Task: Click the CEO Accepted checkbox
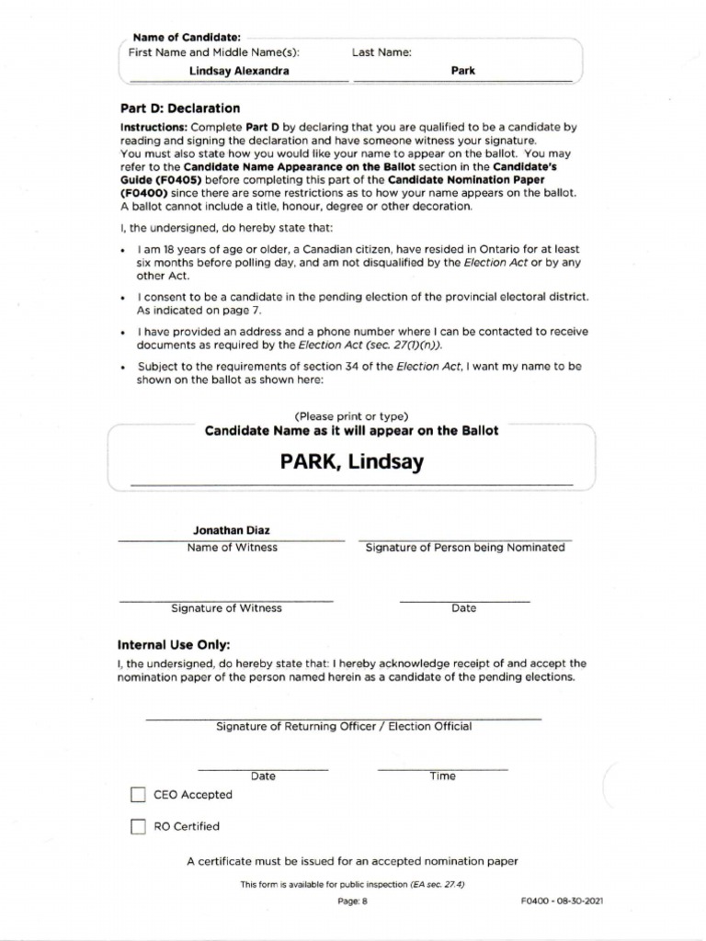(x=138, y=795)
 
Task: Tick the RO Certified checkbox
(x=138, y=826)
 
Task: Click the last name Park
(x=463, y=71)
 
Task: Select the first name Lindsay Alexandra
(x=239, y=71)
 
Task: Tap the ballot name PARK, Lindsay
(x=352, y=462)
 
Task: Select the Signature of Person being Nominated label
(x=465, y=547)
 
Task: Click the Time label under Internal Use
(x=442, y=776)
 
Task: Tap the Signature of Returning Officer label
(x=344, y=726)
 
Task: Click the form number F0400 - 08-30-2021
(x=562, y=901)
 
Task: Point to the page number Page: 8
(x=352, y=901)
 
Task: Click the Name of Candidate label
(x=187, y=38)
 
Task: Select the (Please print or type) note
(x=351, y=416)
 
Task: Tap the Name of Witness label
(x=232, y=547)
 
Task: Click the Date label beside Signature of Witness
(x=463, y=608)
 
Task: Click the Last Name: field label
(x=381, y=53)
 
